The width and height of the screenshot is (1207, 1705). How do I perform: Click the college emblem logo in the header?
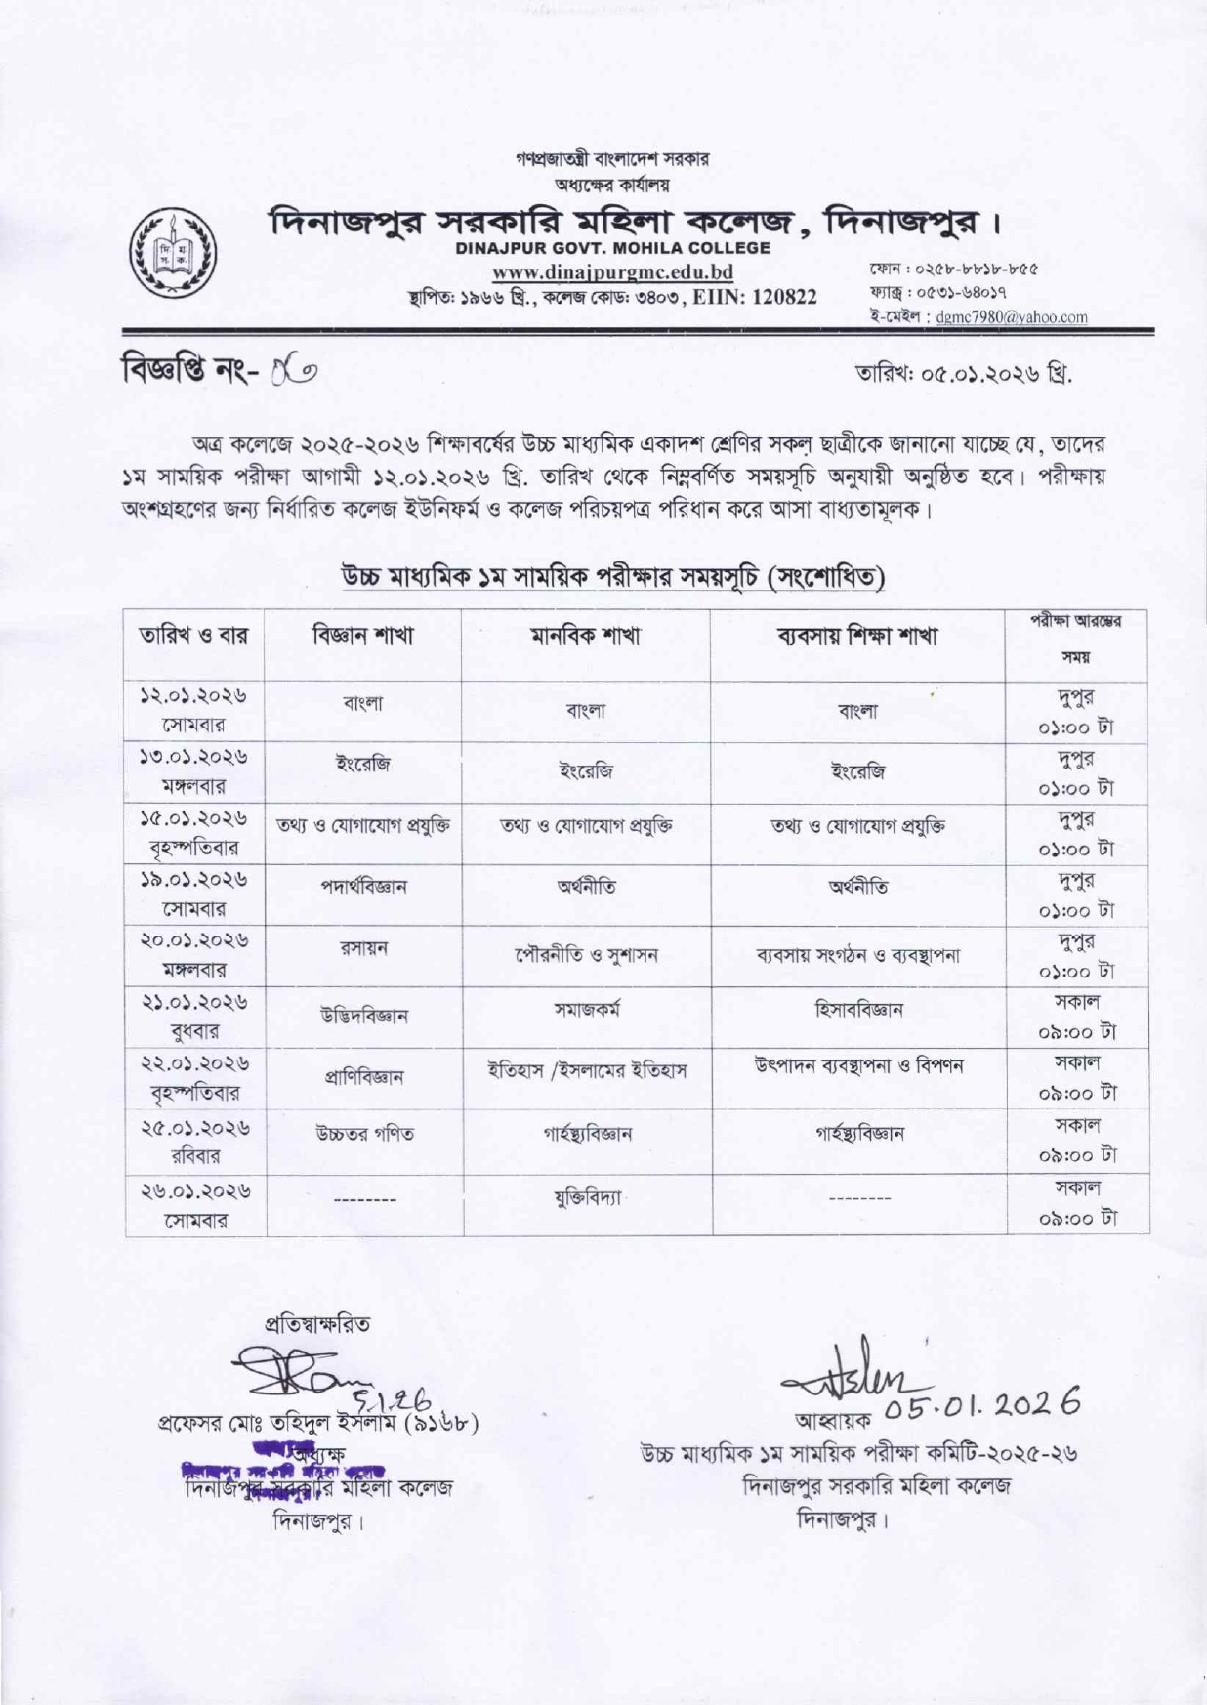(x=175, y=253)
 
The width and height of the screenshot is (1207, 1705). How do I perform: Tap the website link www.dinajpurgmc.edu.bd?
(x=612, y=272)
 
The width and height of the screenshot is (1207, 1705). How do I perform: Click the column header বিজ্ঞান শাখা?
(x=363, y=636)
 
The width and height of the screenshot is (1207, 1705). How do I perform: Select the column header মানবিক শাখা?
(x=586, y=637)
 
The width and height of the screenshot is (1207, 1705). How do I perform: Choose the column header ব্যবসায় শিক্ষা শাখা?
(x=856, y=637)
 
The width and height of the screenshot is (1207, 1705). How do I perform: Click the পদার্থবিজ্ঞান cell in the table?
(x=363, y=887)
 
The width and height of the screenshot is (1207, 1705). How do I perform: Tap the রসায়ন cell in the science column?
(x=363, y=948)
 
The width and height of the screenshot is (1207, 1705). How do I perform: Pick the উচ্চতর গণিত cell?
(x=363, y=1134)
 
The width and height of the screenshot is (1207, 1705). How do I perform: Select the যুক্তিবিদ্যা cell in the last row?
(x=586, y=1195)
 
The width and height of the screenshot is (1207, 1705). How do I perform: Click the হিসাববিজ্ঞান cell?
(x=858, y=1010)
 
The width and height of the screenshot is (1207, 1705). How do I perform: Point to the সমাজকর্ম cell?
(x=586, y=1010)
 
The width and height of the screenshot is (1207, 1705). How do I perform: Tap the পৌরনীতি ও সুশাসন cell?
(x=586, y=955)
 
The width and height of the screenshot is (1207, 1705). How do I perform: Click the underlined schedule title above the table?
(x=612, y=576)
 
